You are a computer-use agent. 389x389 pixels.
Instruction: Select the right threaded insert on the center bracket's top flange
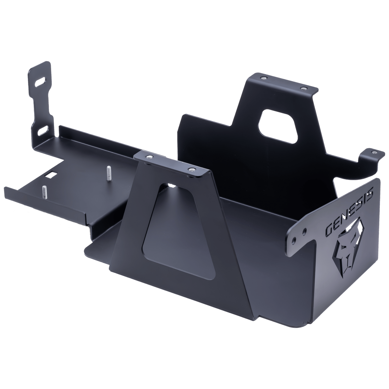(x=192, y=169)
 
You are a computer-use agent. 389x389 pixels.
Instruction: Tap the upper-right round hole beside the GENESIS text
(x=304, y=231)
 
